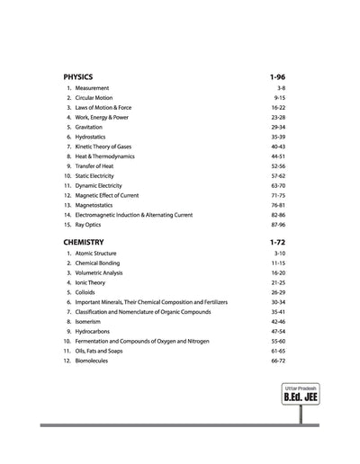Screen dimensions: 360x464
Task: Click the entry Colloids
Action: click(86, 292)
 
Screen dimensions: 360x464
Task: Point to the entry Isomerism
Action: click(89, 321)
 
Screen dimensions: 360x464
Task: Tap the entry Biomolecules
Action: click(93, 361)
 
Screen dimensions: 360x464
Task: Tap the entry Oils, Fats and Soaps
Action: click(102, 351)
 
